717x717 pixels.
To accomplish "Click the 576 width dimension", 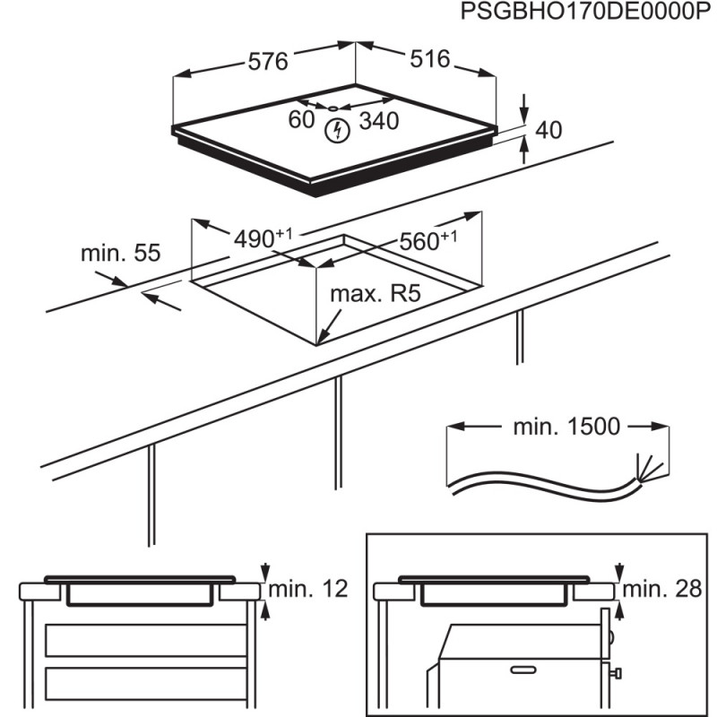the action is (x=268, y=62).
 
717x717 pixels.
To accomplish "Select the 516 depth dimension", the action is (x=430, y=59).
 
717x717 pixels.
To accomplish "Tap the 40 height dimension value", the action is (x=549, y=130).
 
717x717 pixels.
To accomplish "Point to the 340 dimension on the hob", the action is (x=379, y=121).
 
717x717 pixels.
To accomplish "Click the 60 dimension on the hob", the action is (x=301, y=120).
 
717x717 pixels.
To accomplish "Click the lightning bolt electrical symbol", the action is (x=337, y=131).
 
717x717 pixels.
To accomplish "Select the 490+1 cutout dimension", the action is (x=263, y=238).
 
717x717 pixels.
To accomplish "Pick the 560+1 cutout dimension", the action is (x=428, y=240).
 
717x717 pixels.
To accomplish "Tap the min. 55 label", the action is (x=121, y=253).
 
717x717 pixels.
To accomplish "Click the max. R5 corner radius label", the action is (x=376, y=294).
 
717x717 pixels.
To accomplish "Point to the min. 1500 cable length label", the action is (x=566, y=427).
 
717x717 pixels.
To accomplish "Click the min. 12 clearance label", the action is (x=308, y=589).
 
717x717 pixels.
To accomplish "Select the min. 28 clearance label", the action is (x=662, y=589).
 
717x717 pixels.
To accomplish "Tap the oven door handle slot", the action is (x=523, y=669).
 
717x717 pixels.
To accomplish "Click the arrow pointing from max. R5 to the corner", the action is (x=329, y=326).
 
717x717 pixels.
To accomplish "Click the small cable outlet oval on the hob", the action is (x=333, y=108).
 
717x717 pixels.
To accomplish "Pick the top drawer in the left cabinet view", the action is (x=146, y=640).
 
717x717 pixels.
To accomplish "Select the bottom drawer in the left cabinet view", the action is (x=146, y=684).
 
